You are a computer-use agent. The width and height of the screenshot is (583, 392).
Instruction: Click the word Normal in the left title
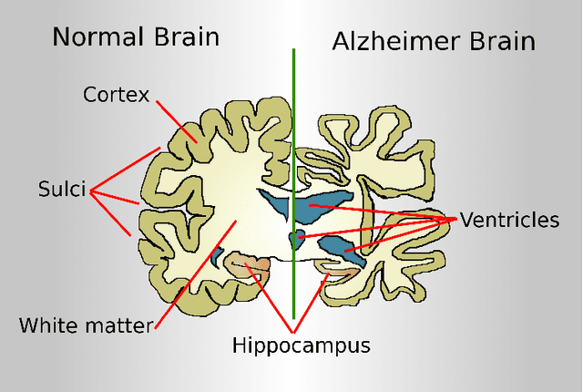pos(91,37)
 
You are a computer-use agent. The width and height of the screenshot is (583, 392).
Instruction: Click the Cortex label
pos(116,94)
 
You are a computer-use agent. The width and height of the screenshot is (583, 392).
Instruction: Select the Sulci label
pos(62,191)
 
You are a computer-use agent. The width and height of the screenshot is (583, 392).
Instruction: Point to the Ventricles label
pos(508,220)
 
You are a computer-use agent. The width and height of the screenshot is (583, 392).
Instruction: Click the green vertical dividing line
pos(293,109)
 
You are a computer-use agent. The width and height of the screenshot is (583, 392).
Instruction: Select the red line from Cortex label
pos(173,119)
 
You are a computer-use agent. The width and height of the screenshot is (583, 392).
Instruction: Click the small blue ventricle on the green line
pos(295,240)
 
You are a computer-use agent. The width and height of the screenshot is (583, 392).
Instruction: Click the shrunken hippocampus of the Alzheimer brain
pos(339,270)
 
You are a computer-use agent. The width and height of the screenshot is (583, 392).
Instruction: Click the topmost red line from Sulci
pos(128,170)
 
